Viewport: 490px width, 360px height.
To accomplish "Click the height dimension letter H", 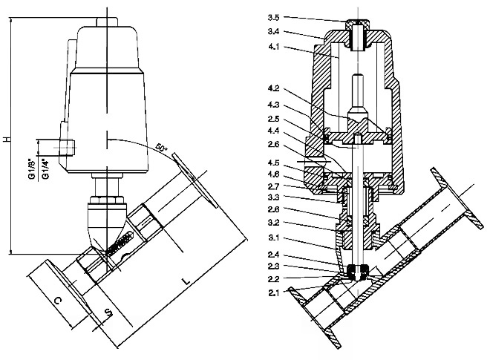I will click(6, 140).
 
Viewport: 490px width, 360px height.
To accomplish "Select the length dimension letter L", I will click(185, 282).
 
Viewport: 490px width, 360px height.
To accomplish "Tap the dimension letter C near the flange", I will click(58, 301).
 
